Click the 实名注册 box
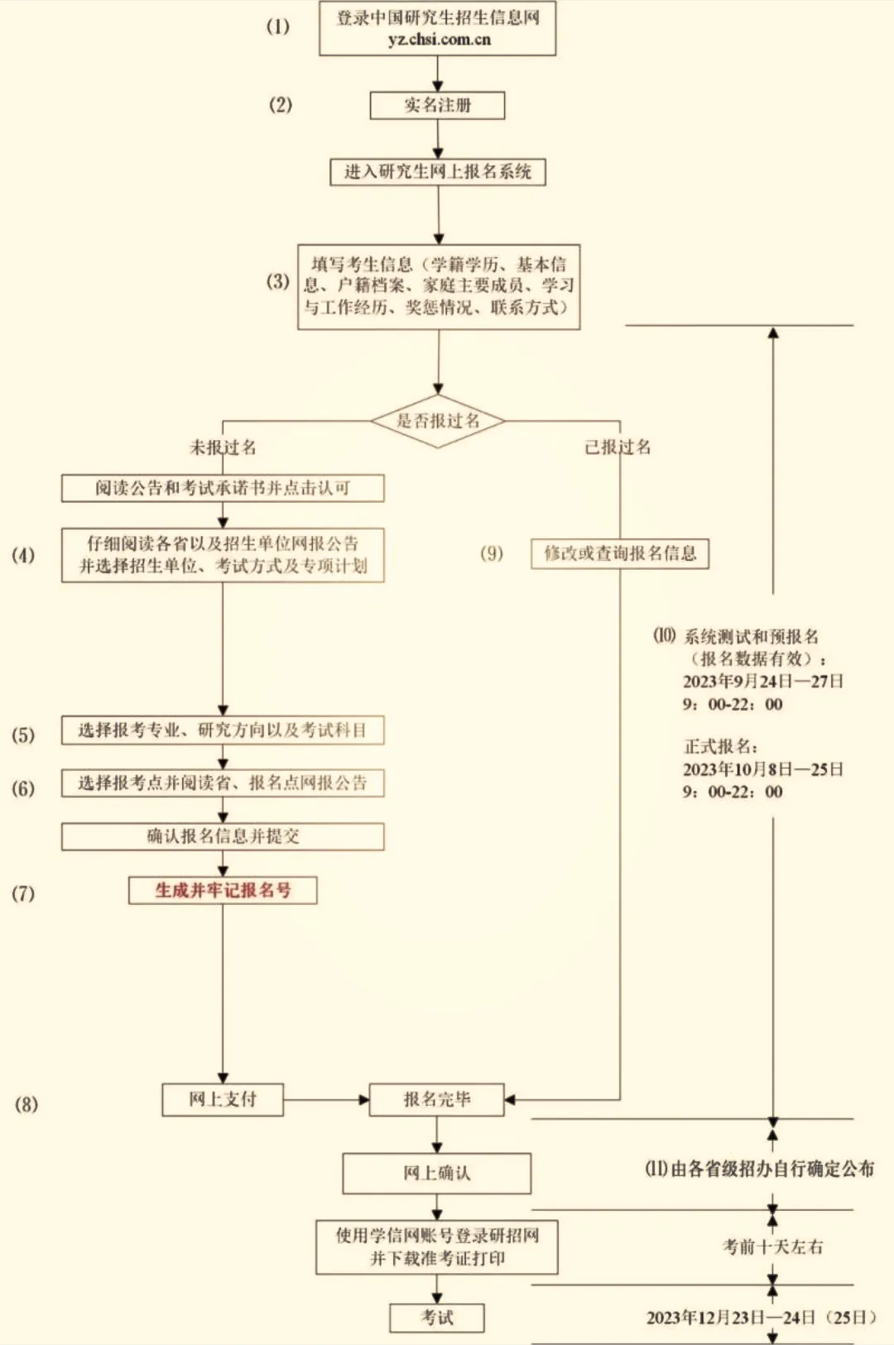click(437, 105)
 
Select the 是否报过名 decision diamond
click(437, 421)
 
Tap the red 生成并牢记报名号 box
click(223, 890)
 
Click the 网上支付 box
click(223, 1099)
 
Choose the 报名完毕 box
click(436, 1099)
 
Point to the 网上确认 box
click(436, 1173)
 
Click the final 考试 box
click(436, 1318)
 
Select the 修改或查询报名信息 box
click(620, 553)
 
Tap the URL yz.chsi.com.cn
click(439, 39)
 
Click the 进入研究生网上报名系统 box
click(438, 172)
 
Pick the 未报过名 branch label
click(223, 448)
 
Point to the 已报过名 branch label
click(618, 448)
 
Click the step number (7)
click(23, 893)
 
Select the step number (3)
click(278, 281)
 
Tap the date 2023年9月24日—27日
click(762, 682)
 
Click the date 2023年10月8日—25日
click(762, 769)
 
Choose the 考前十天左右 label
click(773, 1247)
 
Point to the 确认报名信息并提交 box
click(223, 836)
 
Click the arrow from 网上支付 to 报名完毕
click(325, 1099)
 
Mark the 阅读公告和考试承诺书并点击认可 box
click(223, 488)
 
